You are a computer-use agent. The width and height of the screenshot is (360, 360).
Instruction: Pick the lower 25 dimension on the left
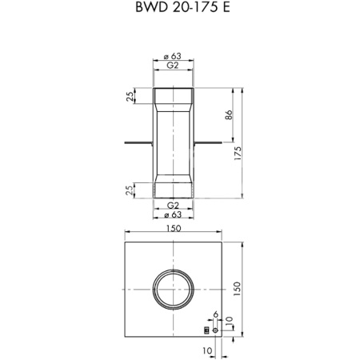[130, 189]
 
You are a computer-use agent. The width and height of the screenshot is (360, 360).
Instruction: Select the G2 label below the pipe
[174, 206]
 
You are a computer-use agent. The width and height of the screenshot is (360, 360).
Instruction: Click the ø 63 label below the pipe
[174, 216]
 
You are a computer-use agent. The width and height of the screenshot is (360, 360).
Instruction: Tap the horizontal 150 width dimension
[174, 229]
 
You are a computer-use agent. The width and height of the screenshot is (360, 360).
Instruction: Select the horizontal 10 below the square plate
[208, 350]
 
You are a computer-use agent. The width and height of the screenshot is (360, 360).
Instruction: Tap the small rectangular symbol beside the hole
[206, 330]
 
